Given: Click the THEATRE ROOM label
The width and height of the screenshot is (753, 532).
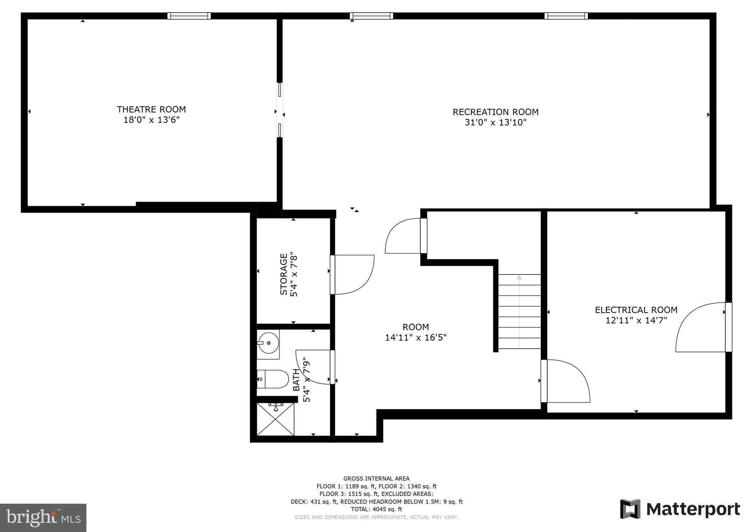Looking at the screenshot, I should tap(151, 109).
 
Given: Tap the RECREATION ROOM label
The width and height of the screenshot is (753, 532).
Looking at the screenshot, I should tap(495, 112).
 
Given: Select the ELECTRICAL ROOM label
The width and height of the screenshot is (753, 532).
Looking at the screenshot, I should tap(636, 310).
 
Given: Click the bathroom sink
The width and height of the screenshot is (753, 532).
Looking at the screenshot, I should tap(268, 343).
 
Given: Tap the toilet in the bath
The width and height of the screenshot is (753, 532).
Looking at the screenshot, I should tap(272, 379).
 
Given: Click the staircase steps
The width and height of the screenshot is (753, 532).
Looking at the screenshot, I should tap(519, 312).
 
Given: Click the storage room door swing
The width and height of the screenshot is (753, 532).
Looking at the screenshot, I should tap(353, 274).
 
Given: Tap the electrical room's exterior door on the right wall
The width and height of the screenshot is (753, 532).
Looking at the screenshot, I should tap(702, 327).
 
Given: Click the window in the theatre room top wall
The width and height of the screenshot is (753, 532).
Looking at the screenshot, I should tap(189, 16).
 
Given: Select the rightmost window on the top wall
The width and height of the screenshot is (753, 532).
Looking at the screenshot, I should tap(566, 16).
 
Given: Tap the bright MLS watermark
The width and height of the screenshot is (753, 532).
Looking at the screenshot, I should tap(43, 518).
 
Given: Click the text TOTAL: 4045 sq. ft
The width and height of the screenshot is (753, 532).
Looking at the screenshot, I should tap(376, 509).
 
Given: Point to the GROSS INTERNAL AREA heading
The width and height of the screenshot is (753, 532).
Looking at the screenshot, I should tap(376, 478).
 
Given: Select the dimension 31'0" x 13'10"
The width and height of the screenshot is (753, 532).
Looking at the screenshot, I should tap(495, 123).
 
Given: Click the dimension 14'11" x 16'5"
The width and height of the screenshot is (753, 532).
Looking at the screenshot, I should tap(415, 338).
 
